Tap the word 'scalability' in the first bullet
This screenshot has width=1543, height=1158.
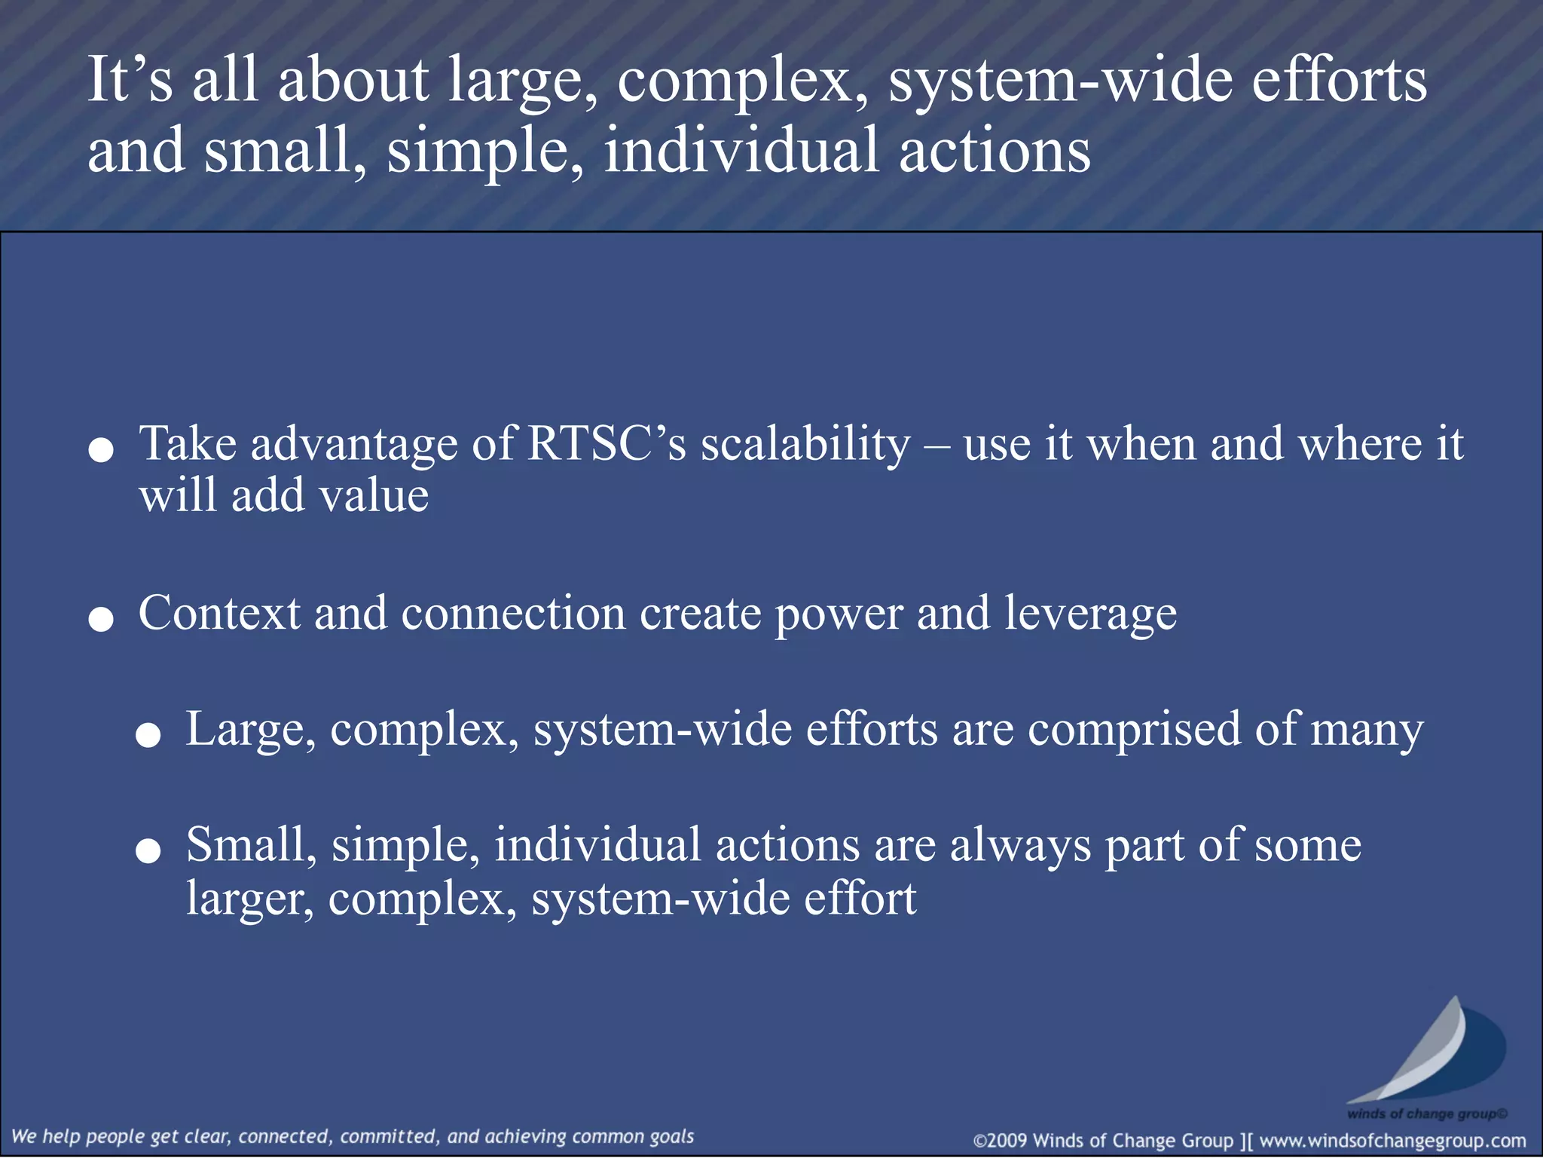pos(805,445)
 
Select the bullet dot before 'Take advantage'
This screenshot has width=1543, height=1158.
pos(101,451)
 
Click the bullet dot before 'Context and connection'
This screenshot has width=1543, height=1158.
pos(101,620)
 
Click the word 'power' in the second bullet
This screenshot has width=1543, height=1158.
pos(839,614)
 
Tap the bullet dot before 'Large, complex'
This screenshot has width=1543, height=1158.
pos(148,736)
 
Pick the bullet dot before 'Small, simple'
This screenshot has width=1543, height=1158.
pos(148,851)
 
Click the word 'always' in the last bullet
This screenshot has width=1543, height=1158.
pos(1020,845)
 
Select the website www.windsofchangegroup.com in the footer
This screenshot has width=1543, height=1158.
pos(1392,1141)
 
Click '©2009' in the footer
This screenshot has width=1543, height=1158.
pos(1001,1141)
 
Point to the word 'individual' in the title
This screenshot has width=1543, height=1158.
pos(741,150)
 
